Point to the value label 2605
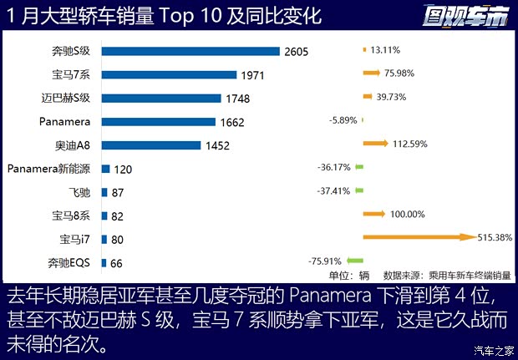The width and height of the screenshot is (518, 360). [x=296, y=52]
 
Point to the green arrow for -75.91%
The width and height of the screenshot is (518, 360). [x=354, y=261]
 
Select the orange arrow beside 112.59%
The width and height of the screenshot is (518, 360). [x=375, y=144]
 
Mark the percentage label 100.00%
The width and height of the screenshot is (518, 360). [x=407, y=215]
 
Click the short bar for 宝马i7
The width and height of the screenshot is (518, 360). [x=104, y=240]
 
